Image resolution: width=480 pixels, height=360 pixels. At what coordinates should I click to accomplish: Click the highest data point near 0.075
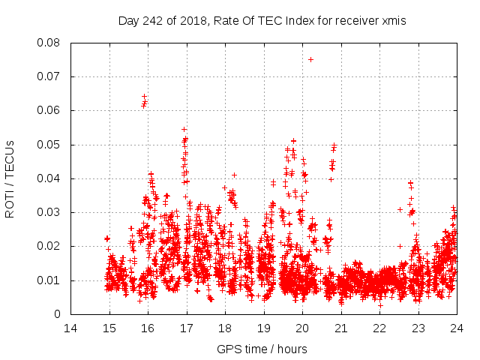point(310,59)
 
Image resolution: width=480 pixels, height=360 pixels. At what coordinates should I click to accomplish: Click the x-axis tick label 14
point(70,328)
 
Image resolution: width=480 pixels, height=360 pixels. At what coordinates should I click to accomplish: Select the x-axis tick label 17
point(186,328)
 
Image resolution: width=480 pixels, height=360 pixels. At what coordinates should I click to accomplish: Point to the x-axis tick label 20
point(302,328)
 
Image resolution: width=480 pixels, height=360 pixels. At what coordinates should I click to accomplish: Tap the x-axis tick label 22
point(379,328)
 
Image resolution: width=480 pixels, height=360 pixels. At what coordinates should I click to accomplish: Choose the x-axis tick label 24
point(456,328)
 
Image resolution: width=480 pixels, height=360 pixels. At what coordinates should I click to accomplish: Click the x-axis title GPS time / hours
point(262,349)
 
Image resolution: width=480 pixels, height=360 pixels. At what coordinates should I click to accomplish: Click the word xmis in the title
point(394,21)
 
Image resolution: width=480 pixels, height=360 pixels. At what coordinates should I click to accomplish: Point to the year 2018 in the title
point(190,21)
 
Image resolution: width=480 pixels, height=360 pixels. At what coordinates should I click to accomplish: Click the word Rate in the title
point(223,21)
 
